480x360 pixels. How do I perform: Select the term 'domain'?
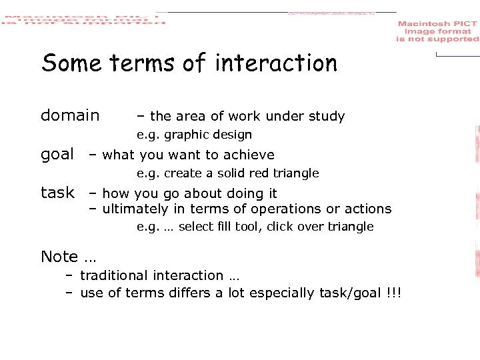coord(70,115)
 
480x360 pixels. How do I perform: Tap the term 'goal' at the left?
coord(57,155)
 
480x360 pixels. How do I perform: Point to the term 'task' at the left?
coord(57,193)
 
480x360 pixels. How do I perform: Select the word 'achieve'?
coord(249,155)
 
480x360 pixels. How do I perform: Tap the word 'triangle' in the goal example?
coord(297,173)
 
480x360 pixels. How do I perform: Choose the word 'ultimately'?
coord(136,209)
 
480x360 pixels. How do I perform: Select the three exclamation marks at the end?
coord(393,294)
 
